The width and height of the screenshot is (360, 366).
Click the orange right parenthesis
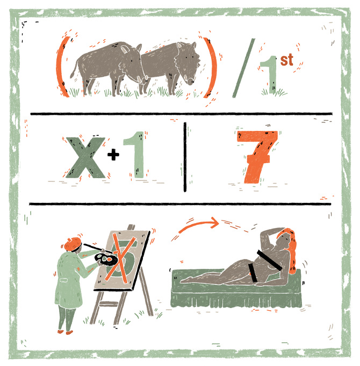[213, 68]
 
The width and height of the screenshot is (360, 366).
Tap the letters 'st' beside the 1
[286, 60]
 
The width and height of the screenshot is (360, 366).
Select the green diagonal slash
[243, 68]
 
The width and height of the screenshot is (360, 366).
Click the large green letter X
[85, 158]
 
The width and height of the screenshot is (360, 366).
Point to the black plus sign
[113, 155]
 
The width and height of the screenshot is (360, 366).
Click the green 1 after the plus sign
[135, 155]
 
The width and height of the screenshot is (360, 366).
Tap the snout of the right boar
[191, 81]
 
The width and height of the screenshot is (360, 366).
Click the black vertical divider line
[185, 157]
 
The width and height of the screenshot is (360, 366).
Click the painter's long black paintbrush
[98, 248]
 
